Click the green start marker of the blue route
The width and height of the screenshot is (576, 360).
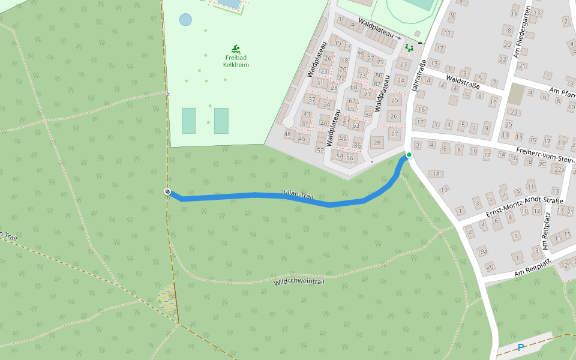[409, 155]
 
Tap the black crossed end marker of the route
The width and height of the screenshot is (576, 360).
[167, 191]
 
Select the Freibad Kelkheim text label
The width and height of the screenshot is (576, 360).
[236, 61]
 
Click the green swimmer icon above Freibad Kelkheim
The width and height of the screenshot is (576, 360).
[236, 49]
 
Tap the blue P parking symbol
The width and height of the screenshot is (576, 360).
[521, 347]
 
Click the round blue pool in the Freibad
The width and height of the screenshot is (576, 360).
[186, 19]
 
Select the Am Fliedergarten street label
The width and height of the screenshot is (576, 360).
[522, 33]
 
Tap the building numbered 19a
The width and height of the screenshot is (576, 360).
[482, 251]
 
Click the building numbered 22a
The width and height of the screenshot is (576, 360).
[559, 170]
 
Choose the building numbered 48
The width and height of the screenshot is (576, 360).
[288, 134]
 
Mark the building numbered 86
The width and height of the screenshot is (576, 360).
[357, 146]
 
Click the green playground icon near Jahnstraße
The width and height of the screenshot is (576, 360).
[409, 47]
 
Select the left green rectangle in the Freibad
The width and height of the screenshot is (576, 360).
[188, 121]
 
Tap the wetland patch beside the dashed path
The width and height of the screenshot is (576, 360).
[168, 298]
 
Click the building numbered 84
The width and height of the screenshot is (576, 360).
[368, 115]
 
